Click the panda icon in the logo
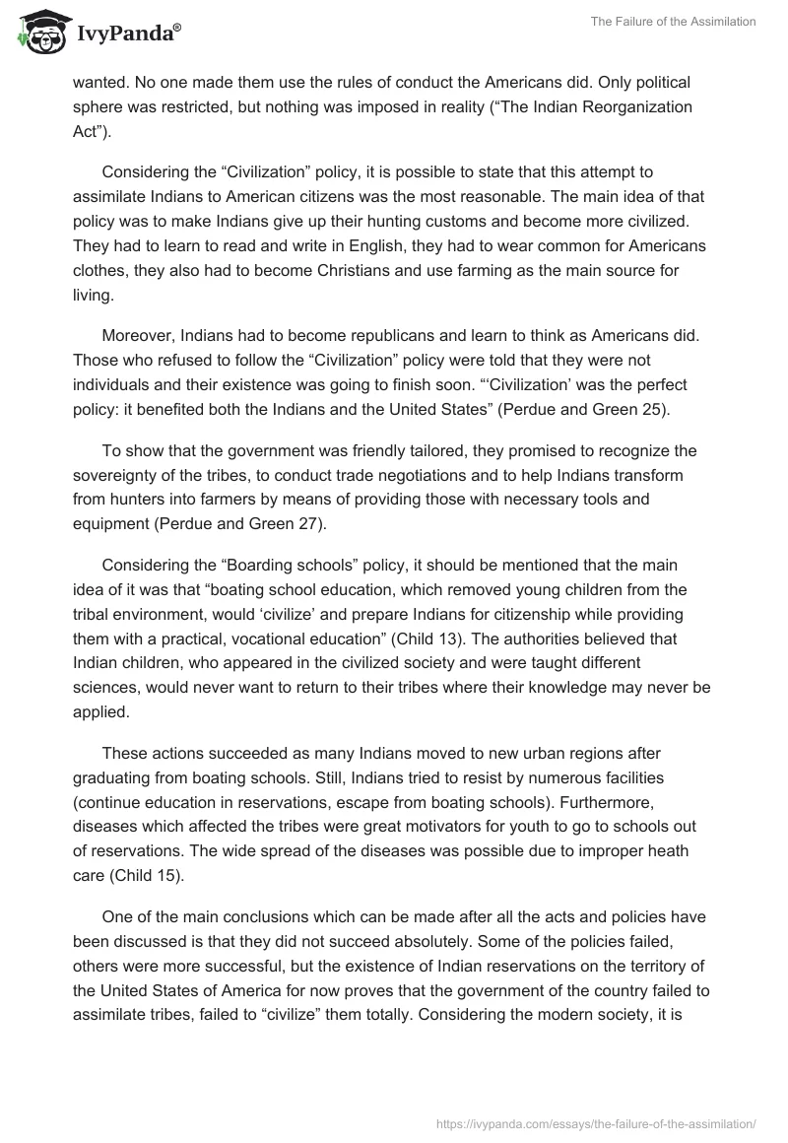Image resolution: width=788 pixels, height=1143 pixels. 38,31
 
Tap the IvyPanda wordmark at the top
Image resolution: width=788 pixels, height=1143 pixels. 128,34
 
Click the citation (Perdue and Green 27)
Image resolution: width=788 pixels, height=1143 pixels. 239,524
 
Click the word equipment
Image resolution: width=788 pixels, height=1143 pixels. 109,524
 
